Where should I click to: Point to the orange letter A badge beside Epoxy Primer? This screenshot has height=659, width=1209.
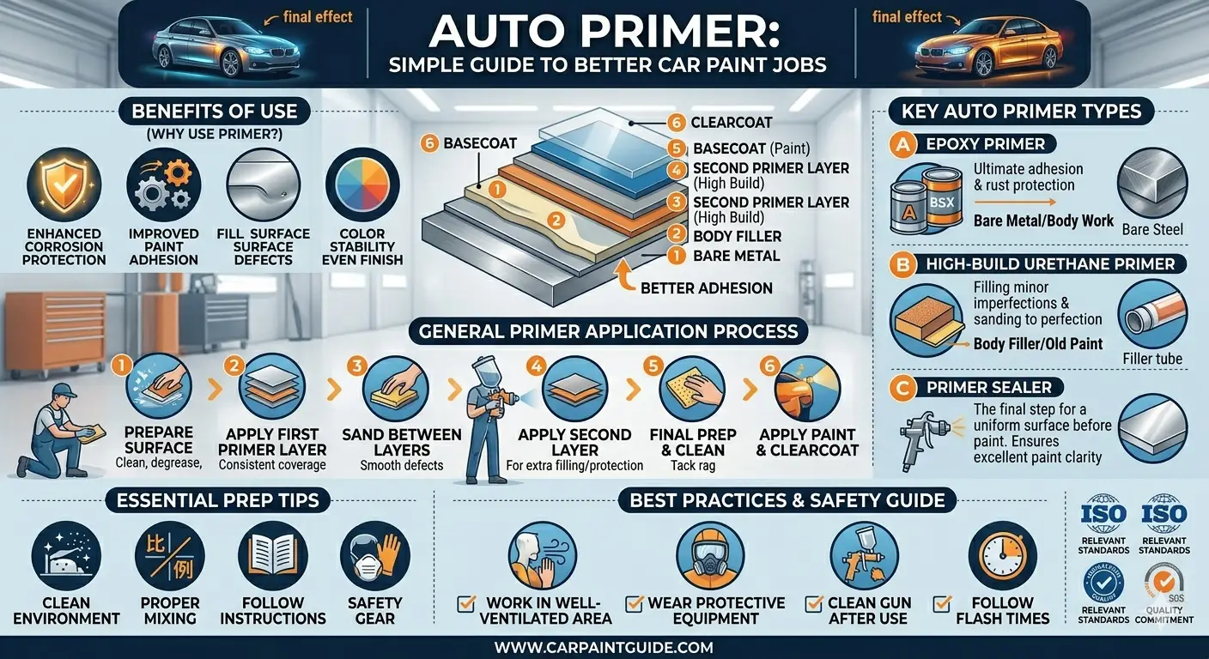(902, 144)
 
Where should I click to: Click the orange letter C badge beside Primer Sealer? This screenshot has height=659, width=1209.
(902, 388)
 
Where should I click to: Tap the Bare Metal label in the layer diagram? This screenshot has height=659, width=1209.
(736, 256)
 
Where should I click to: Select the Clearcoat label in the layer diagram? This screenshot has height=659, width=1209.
(732, 123)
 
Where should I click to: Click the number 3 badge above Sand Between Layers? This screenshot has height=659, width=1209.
(356, 366)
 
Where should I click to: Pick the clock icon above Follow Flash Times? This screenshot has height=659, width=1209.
(1002, 555)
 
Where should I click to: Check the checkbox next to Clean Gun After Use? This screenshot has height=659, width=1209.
(813, 603)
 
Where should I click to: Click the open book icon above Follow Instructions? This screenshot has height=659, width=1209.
(272, 555)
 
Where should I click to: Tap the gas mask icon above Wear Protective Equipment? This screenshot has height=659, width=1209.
(710, 555)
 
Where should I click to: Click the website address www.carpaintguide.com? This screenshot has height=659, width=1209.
(604, 647)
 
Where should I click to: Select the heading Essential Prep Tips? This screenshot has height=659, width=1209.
(217, 500)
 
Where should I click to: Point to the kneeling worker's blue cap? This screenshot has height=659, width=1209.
(64, 390)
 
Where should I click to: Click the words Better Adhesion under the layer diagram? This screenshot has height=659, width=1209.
(707, 288)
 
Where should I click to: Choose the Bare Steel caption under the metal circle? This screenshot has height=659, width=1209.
(1152, 230)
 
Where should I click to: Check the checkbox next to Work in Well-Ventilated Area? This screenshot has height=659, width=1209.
(465, 603)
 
